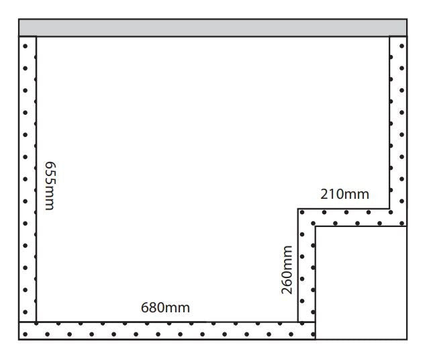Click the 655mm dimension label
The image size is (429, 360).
click(x=48, y=185)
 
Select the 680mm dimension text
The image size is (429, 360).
click(x=165, y=308)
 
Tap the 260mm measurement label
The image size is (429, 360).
click(x=287, y=270)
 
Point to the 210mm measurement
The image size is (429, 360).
click(x=344, y=195)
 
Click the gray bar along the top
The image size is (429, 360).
click(x=212, y=28)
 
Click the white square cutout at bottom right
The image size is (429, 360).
click(x=361, y=282)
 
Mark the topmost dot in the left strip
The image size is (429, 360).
click(x=26, y=46)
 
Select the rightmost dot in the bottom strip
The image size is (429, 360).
click(x=311, y=332)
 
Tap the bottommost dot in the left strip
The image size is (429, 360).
click(x=26, y=312)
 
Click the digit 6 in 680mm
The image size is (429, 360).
click(x=144, y=308)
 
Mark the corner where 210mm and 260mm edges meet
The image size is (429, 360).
click(x=298, y=209)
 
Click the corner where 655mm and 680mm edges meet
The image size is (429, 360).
click(x=36, y=322)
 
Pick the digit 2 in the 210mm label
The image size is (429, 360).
click(x=324, y=195)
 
